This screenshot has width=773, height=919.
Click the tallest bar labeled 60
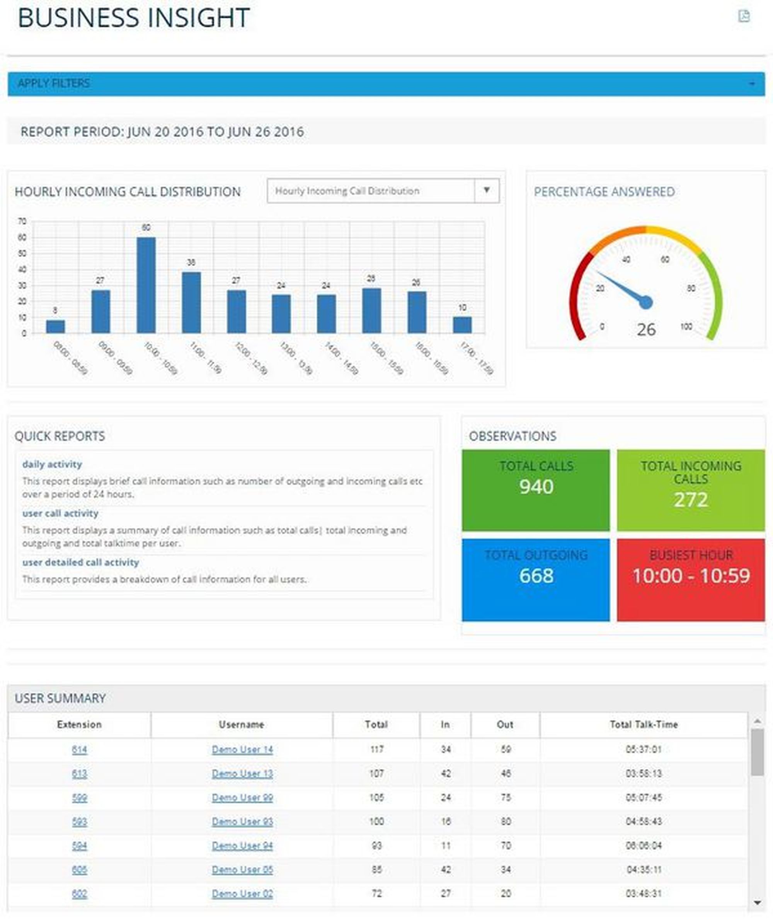[146, 285]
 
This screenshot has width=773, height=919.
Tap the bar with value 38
[191, 302]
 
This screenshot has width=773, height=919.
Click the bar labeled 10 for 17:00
[462, 325]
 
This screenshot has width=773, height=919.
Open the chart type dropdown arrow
[487, 191]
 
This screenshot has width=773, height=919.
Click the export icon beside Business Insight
[744, 16]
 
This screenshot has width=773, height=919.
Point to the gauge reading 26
[646, 329]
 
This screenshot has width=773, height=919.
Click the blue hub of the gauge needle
[645, 302]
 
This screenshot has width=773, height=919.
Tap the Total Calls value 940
[536, 486]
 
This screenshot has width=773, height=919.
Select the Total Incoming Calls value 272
[691, 500]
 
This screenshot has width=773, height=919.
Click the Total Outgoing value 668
[536, 575]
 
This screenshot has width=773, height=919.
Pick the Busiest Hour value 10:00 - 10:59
[691, 575]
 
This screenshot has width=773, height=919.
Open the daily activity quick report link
[52, 464]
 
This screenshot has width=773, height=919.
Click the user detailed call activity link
[81, 562]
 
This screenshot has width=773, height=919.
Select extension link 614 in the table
[79, 749]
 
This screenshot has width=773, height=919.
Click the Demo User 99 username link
[242, 798]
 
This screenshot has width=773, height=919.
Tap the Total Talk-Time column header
[643, 725]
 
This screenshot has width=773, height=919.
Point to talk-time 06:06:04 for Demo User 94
[643, 846]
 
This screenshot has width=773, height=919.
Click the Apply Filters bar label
[53, 83]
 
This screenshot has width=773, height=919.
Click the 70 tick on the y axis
[22, 221]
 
